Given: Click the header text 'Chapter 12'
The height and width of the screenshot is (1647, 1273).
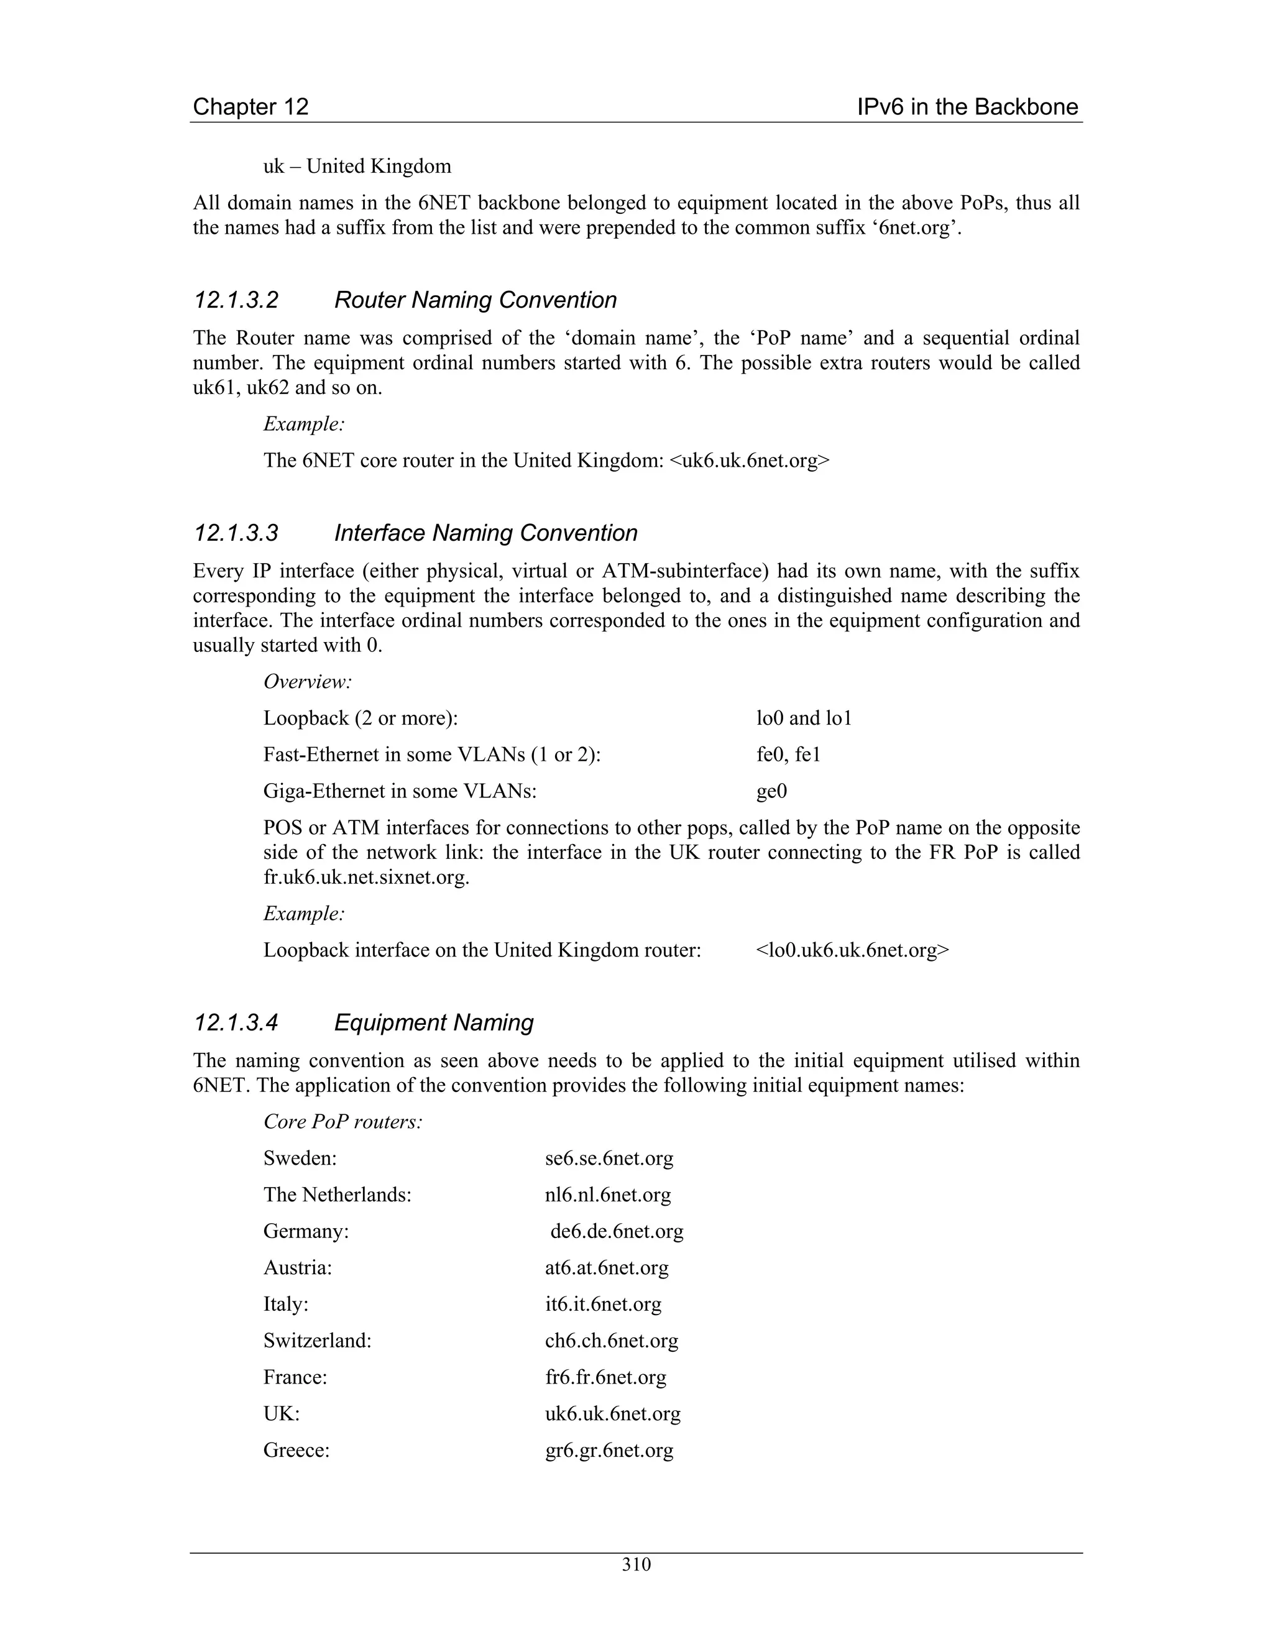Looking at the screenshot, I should [250, 107].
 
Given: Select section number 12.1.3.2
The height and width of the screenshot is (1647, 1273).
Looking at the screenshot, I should [236, 300].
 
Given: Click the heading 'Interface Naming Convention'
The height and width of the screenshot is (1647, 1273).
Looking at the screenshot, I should [485, 533].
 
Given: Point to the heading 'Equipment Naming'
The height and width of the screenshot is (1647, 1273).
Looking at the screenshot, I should [434, 1022].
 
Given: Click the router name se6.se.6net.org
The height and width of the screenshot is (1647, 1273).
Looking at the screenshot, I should [609, 1158].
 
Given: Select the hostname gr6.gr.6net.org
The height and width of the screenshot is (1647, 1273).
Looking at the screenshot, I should [609, 1450].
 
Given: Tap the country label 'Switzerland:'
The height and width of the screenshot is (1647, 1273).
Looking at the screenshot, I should [317, 1341].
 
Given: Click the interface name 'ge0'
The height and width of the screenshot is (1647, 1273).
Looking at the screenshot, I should [771, 791].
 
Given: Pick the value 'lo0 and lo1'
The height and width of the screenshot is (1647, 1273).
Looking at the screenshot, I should [804, 718].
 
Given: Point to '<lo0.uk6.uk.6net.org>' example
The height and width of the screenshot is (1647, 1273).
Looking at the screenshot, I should [852, 950].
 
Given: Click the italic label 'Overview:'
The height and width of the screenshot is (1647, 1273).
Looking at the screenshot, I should [308, 682].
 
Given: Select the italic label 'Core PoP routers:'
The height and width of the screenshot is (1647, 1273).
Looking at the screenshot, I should [342, 1121].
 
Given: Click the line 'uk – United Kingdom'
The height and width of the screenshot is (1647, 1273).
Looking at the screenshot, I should [357, 166].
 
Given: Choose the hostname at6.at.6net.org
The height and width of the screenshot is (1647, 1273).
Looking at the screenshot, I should [606, 1268].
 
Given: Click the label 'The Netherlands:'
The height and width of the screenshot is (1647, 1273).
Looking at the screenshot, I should [337, 1195].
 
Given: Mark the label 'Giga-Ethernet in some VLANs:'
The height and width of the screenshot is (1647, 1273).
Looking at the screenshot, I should [400, 791].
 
